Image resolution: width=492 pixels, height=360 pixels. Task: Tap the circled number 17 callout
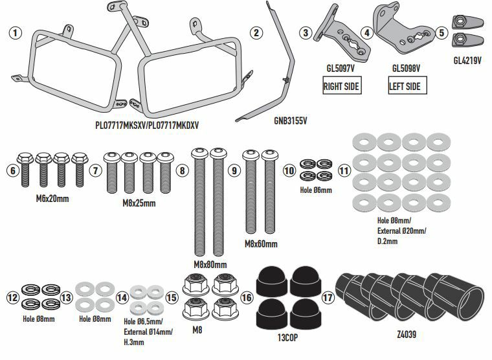329,298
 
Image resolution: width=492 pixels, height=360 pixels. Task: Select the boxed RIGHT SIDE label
341,85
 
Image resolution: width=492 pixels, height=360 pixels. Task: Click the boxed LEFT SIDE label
405,85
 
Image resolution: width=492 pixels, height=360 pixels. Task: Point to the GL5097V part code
340,67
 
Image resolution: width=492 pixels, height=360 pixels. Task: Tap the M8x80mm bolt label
210,264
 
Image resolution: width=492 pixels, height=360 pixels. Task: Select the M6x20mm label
53,198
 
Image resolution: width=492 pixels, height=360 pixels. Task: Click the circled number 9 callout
234,170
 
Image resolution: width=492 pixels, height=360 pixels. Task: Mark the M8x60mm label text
261,244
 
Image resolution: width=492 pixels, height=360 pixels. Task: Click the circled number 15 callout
171,298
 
